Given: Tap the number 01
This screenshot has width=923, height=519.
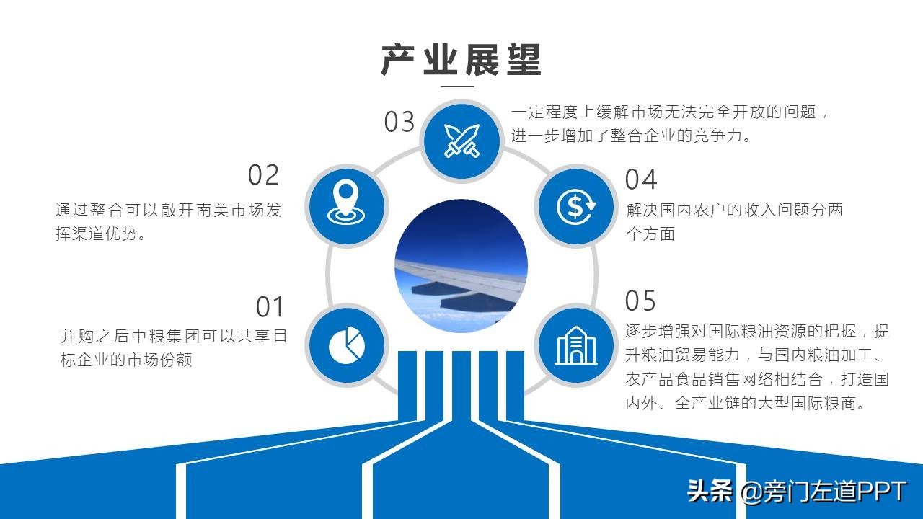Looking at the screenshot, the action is coord(270,307).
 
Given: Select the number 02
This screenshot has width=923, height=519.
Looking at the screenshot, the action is coord(264,175).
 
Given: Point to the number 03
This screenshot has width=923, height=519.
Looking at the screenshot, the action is coord(399,122).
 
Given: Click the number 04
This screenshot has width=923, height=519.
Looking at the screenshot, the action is coord(641,179).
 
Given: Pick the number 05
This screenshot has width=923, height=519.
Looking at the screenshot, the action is coord(640,301).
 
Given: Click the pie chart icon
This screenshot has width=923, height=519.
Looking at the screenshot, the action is coord(347,345).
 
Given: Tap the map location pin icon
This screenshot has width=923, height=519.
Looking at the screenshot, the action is coord(346,202).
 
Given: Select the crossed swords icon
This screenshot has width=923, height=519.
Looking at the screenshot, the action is coord(461,141).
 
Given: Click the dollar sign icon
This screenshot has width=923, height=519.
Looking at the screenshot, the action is coord(576,206).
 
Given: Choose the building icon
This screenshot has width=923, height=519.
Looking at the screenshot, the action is coord(576,345).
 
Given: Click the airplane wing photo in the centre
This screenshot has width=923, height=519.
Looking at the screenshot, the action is coord(461,266).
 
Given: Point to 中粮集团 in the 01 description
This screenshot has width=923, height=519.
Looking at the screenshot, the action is coord(166,336).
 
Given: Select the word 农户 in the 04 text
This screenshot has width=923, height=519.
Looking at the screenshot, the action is coord(709,210).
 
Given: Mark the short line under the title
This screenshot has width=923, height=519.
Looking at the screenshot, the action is coord(457,86).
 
